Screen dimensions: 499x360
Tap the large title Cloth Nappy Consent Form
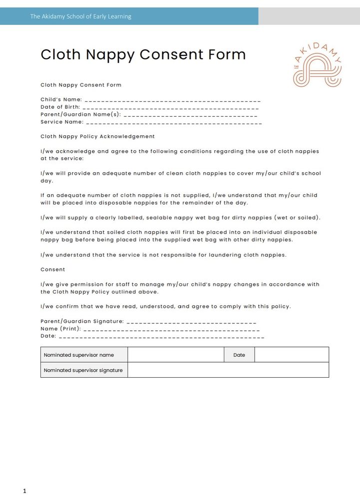143,54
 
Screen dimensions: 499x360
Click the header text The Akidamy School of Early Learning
81,16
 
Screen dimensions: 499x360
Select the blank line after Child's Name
172,100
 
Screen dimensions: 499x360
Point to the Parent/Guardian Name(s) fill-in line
190,115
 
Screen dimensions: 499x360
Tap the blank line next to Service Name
174,122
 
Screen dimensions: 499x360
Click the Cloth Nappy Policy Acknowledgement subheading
98,136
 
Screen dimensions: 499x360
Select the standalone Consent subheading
53,269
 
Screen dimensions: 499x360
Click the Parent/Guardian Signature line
191,322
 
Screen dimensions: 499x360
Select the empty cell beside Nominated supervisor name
176,355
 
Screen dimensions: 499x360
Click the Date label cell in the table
239,355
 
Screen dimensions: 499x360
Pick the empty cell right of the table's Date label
292,355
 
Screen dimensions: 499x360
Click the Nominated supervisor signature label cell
84,370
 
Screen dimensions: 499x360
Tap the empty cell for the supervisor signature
228,370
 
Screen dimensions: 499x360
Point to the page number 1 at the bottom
24,492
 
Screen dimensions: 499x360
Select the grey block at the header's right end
309,16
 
